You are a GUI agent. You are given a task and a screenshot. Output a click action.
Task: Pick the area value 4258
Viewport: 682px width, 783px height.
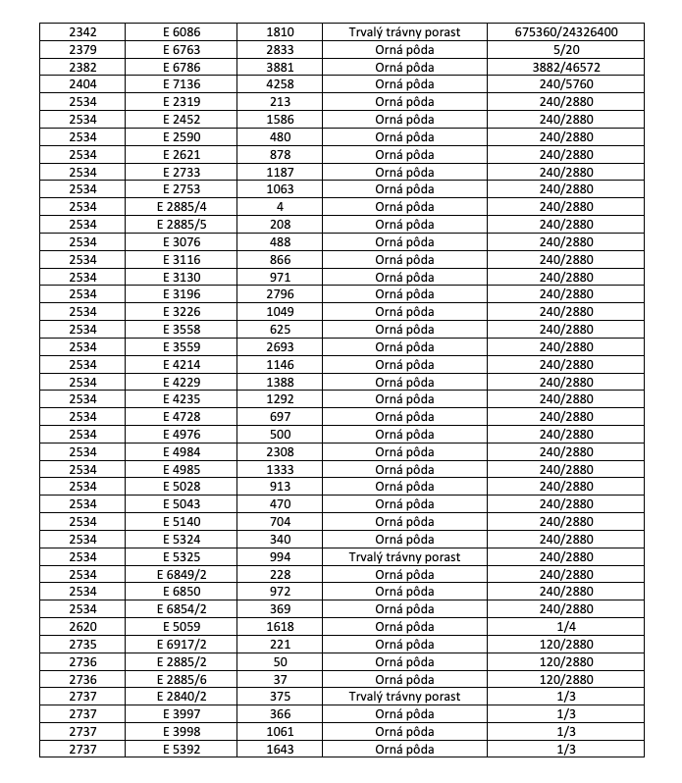point(280,84)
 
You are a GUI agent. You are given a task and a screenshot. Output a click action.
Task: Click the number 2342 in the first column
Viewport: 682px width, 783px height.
point(83,32)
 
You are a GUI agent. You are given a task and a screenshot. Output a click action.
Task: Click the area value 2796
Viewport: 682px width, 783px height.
point(280,294)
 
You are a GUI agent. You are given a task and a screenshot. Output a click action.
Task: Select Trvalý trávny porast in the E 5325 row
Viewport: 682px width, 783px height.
point(404,556)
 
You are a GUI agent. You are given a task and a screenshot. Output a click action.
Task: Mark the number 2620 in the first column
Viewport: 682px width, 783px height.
point(83,626)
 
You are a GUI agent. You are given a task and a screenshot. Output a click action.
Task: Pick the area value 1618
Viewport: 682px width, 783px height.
point(280,626)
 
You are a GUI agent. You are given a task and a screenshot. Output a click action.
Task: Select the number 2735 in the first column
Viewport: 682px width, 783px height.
point(83,644)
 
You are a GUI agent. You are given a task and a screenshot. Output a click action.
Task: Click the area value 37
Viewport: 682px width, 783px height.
point(280,679)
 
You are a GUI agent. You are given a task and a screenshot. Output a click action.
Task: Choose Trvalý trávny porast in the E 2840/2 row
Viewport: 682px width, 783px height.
point(404,697)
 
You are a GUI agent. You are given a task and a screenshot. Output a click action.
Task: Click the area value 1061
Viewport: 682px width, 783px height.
point(280,731)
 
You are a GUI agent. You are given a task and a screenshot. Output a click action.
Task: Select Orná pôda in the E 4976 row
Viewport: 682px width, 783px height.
point(404,434)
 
